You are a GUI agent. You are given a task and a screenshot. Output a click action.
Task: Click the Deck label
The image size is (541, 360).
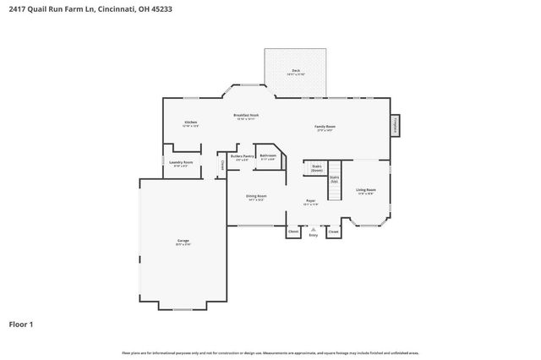(x=296, y=71)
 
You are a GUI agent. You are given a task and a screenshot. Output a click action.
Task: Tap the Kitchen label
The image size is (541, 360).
(x=191, y=123)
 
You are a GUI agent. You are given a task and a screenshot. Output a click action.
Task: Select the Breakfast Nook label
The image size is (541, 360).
(x=246, y=116)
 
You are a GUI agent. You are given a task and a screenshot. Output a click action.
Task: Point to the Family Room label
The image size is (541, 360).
(x=325, y=126)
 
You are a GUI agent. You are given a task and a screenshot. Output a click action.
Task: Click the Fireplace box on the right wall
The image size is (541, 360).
(x=395, y=125)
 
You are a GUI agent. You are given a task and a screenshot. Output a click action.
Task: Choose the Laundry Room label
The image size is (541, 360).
(x=181, y=162)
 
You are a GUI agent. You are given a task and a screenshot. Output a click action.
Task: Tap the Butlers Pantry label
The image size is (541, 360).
(x=243, y=156)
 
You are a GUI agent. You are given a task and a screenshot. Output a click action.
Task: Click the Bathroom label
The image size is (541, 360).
(x=268, y=156)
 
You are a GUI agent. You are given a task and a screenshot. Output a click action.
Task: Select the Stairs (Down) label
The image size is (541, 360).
(x=317, y=167)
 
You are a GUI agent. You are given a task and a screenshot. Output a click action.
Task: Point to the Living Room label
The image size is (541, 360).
(x=365, y=190)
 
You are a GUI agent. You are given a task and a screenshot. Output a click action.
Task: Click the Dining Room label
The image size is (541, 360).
(x=256, y=196)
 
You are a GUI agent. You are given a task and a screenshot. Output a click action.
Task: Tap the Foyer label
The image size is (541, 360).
(x=311, y=201)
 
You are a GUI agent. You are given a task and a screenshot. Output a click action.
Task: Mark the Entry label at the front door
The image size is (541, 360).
(x=313, y=234)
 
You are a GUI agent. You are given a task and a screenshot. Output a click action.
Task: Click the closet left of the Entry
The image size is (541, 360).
(x=293, y=231)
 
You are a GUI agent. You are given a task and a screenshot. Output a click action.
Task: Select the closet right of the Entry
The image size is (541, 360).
(x=333, y=231)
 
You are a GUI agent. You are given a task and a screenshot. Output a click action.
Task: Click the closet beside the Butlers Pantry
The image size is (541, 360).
(x=222, y=164)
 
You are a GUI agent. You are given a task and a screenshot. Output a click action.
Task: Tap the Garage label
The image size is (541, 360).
(x=183, y=242)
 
